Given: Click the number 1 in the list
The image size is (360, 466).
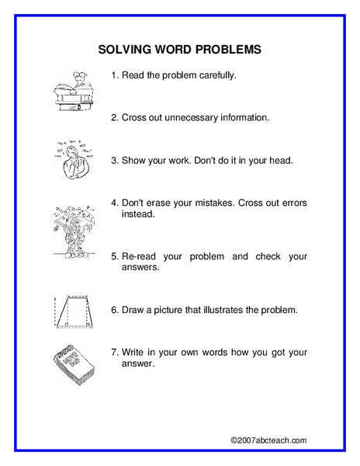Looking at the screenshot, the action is click(114, 76).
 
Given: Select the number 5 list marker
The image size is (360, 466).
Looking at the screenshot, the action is click(114, 256).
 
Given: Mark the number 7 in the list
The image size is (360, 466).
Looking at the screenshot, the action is click(114, 351).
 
